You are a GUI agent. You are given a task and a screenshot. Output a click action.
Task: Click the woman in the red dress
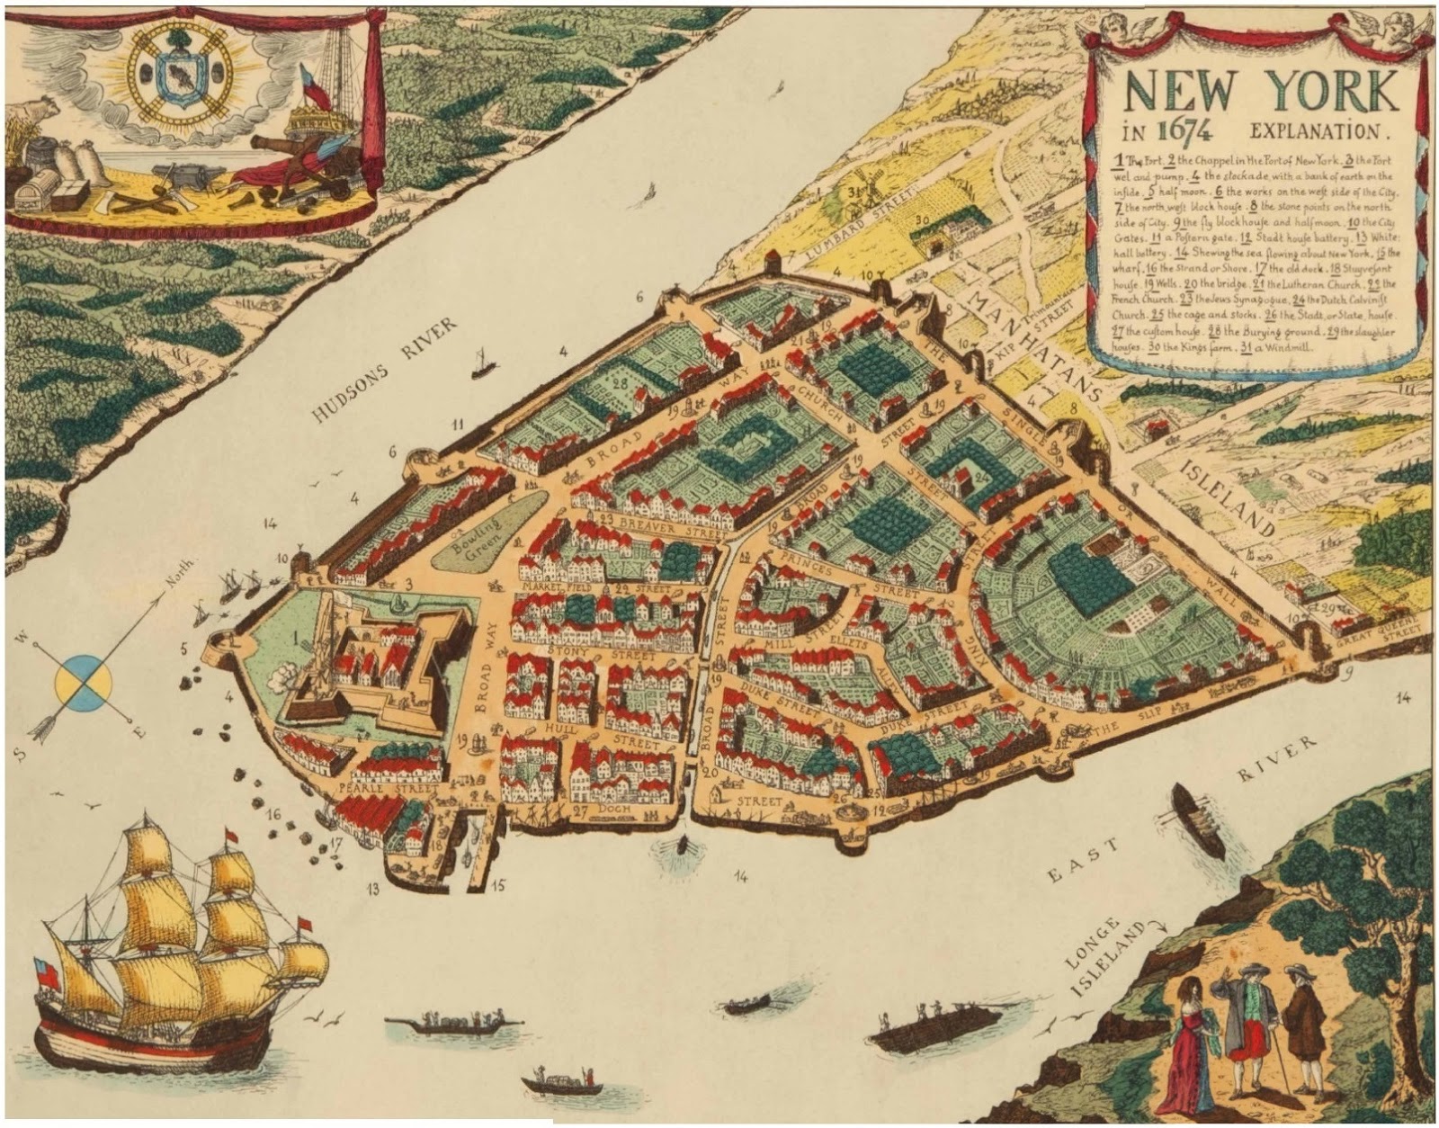[1186, 1044]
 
